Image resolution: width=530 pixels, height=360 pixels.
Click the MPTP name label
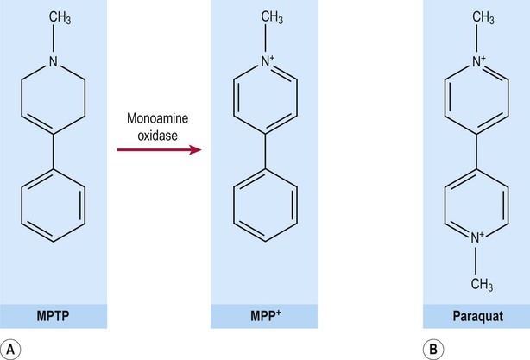tap(53, 316)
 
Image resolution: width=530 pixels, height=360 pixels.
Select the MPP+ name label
tap(265, 315)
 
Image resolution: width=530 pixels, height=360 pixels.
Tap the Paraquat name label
tap(477, 316)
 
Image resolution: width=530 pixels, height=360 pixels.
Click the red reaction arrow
tap(159, 149)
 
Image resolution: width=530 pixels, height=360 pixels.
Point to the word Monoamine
tap(157, 118)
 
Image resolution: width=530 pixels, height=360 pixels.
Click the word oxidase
tap(157, 136)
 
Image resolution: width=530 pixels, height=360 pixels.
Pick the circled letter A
tap(10, 349)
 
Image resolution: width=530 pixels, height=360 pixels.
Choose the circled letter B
tap(433, 349)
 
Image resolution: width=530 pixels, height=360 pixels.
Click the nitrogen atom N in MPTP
tap(53, 61)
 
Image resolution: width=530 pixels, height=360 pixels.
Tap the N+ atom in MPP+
tap(268, 61)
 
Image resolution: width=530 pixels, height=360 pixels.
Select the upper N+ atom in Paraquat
tap(478, 61)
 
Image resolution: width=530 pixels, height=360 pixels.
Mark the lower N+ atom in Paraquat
tap(477, 237)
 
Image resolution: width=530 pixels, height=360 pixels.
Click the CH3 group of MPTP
tap(60, 17)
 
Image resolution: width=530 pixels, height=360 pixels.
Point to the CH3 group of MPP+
tap(272, 17)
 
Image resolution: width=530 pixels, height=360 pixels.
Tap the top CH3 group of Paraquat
tap(483, 17)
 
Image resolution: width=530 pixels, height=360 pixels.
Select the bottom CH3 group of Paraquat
tap(482, 284)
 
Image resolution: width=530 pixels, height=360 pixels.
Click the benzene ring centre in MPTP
tap(53, 205)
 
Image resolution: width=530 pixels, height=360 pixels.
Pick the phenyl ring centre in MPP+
tap(265, 205)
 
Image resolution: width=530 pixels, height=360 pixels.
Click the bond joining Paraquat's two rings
tap(476, 151)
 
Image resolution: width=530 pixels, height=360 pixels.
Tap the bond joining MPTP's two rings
tap(53, 151)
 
